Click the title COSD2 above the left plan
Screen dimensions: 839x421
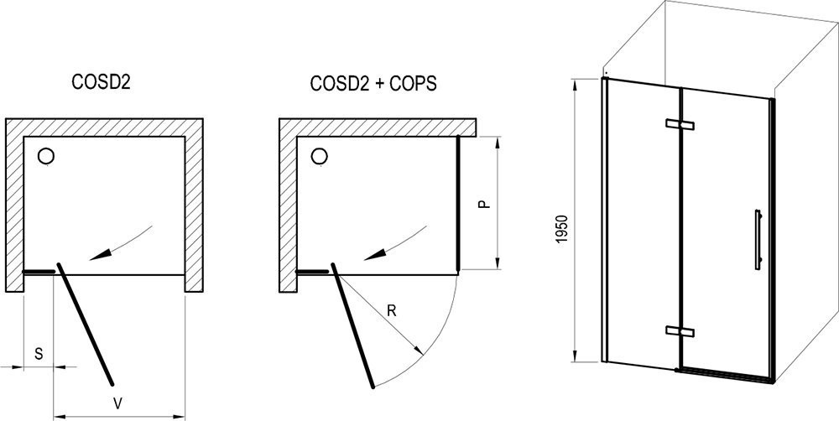(x=102, y=83)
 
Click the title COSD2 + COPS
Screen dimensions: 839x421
(x=373, y=83)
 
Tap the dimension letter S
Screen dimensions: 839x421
(x=39, y=354)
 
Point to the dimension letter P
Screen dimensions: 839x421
(x=484, y=204)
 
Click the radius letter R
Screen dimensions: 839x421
(x=392, y=311)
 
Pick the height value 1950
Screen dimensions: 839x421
(x=561, y=229)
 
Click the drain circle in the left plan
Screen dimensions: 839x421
(x=46, y=156)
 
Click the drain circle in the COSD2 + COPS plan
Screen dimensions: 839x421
(x=320, y=156)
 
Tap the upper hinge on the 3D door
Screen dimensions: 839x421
(x=680, y=124)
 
